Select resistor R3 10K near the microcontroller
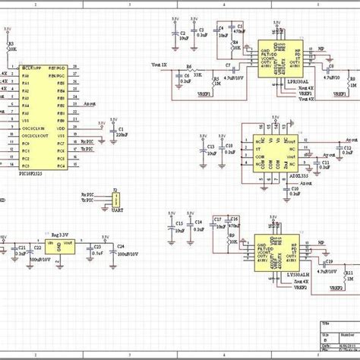point(10,48)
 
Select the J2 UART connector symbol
point(115,199)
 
